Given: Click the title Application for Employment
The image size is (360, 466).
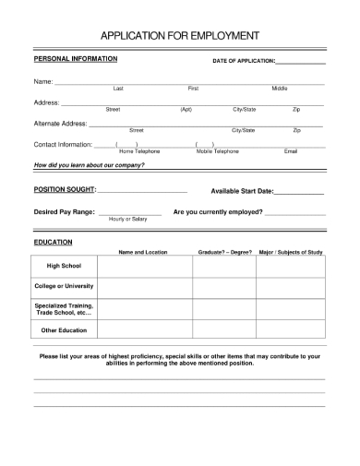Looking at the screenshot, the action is coord(179,36).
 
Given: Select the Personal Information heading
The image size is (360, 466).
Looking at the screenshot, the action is coord(76,58).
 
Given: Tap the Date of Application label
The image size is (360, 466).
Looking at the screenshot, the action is coord(244,61).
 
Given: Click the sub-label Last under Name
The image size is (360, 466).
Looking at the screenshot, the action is coord(118,88).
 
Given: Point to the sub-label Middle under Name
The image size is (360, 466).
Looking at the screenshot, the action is coord(279,88).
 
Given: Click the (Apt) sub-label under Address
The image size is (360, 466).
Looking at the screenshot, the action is coord(186,109).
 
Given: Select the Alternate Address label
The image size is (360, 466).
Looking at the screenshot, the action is coord(60,123).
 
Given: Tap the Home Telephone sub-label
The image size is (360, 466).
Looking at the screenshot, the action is coord(139,150).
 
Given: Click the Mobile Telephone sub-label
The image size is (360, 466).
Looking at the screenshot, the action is coord(217,150).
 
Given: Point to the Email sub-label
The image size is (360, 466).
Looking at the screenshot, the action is coord(291,150).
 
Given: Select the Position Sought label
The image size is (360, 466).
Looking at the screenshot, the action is coord(65,189).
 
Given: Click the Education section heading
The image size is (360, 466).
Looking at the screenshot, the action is coord(53,242).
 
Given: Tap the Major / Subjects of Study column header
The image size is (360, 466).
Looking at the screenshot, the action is coord(291,252).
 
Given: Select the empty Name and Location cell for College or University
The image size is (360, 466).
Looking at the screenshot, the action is coord(143,287).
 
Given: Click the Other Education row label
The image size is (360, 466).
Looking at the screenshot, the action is coord(64,330).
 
